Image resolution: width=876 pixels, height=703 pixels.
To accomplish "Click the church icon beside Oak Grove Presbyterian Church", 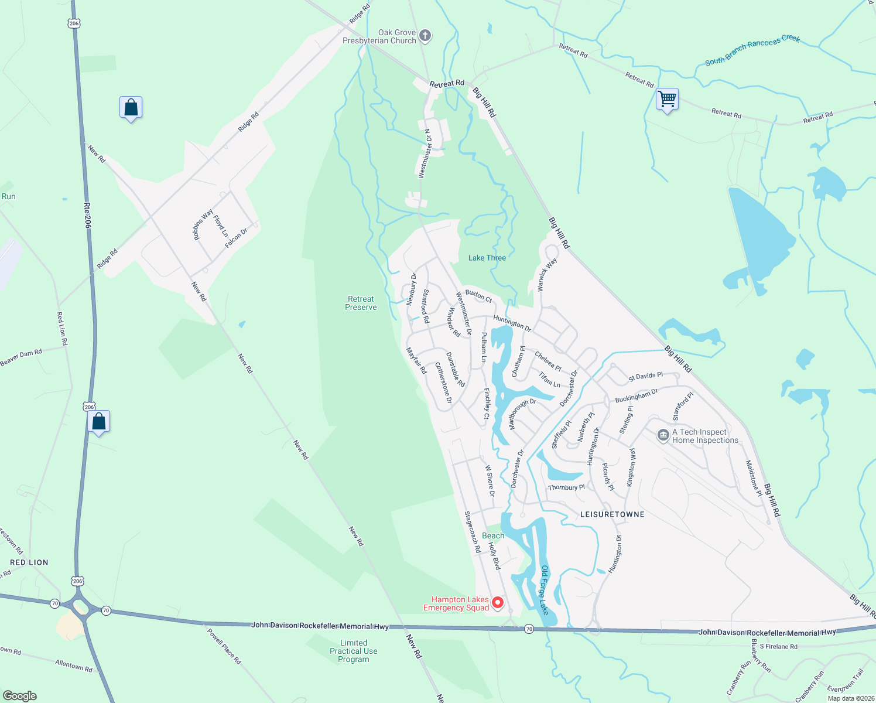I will [x=426, y=36].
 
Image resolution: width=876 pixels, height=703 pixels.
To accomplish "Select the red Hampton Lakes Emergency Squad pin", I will [x=497, y=602].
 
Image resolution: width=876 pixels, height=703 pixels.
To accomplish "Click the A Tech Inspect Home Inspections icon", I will [x=663, y=435].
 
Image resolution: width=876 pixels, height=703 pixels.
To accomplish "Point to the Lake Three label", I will [x=487, y=258].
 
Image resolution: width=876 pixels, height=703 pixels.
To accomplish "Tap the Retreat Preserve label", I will [x=361, y=303].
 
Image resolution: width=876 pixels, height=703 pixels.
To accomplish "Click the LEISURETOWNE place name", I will [x=612, y=514].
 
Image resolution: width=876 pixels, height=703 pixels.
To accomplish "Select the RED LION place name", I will [x=29, y=562].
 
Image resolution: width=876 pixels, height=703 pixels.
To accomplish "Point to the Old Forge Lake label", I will [x=545, y=590].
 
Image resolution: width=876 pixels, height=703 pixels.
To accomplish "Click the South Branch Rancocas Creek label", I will [x=752, y=50].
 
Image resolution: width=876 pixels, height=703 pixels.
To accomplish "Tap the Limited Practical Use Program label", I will [x=354, y=651].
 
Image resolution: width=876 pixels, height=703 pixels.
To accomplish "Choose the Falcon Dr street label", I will [x=237, y=238].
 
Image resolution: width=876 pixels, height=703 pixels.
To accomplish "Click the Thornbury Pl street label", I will [x=566, y=487].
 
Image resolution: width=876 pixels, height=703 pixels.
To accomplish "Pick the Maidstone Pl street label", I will [x=754, y=478].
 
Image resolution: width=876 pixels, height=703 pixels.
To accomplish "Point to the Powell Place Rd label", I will [x=224, y=646].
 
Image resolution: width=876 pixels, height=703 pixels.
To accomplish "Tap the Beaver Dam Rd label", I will [x=22, y=357].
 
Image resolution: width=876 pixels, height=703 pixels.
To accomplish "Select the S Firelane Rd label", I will [x=778, y=647].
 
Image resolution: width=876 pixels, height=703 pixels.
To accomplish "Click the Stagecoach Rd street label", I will [x=473, y=532].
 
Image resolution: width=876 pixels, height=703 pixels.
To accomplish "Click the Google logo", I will [x=19, y=696].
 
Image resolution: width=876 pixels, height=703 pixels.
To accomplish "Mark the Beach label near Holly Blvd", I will [x=493, y=535].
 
